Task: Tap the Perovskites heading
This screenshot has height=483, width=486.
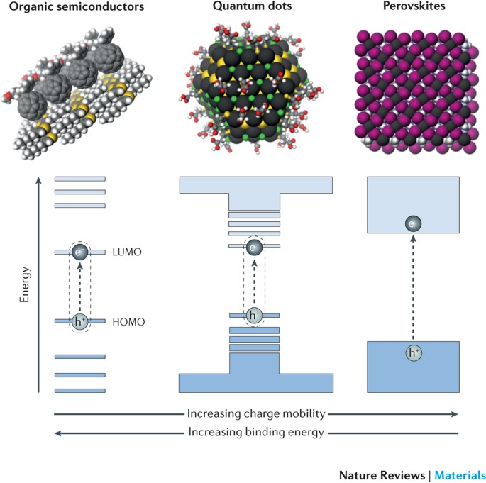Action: coord(412,8)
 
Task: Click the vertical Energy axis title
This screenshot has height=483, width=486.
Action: coord(26,284)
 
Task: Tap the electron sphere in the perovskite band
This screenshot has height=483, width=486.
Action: coord(412,224)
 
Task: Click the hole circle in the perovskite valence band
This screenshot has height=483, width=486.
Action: coord(412,352)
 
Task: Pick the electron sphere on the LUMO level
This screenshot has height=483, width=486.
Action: coord(80,252)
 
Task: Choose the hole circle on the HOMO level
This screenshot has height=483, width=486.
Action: coord(80,321)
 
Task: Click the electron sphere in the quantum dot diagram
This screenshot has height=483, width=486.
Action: coord(255,247)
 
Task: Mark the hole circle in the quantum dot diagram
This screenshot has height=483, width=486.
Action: coord(255,315)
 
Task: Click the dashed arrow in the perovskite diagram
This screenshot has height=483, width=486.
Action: coord(412,287)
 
